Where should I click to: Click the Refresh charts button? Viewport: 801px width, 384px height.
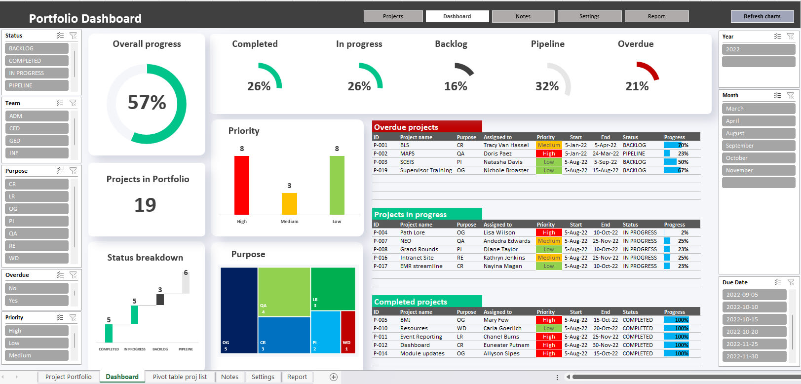762,16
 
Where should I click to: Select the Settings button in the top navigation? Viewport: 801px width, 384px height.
589,16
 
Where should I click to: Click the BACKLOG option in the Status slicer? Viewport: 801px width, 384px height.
37,48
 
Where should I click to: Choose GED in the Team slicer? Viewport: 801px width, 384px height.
37,141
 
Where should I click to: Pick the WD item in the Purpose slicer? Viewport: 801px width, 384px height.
37,258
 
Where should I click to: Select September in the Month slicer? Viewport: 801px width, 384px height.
758,146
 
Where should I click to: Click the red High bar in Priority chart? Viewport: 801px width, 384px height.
242,185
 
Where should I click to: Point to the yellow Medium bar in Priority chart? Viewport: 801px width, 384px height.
289,203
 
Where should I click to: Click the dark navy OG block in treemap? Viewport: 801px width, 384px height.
239,310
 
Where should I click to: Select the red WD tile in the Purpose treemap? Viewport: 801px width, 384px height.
348,332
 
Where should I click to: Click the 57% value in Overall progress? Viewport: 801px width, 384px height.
147,103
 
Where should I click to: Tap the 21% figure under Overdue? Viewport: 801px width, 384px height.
637,86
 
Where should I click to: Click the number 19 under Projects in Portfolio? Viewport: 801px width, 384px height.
145,205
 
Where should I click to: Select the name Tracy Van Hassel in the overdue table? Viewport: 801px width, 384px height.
506,145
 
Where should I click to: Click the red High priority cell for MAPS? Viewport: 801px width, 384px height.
549,154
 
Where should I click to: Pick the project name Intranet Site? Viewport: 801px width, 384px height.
417,258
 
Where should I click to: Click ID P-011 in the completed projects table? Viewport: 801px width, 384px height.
380,337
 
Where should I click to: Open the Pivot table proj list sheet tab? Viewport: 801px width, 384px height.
180,377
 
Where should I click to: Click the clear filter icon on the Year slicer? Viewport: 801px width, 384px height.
790,37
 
